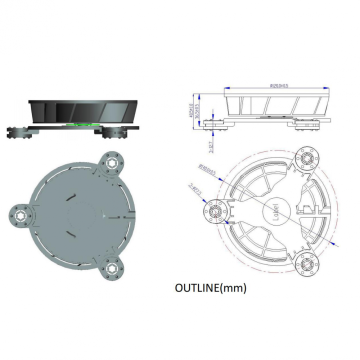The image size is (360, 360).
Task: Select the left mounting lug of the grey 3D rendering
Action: (19, 212)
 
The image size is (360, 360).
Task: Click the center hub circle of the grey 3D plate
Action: (80, 212)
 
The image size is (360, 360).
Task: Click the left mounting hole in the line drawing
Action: (213, 212)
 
